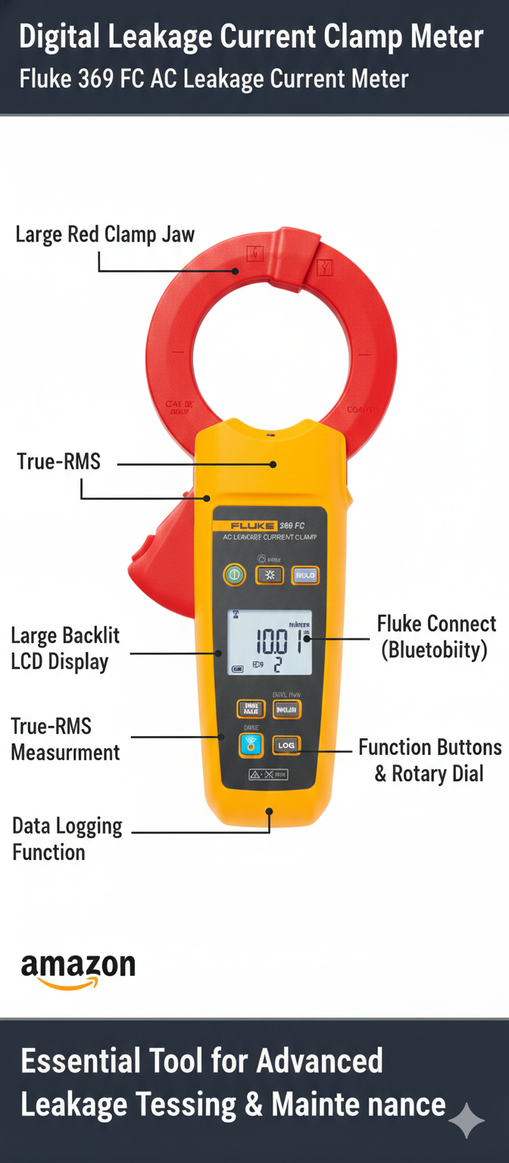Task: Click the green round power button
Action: (x=234, y=575)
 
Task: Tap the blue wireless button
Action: (x=251, y=745)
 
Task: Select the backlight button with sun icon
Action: (x=270, y=575)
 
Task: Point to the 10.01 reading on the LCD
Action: (x=276, y=641)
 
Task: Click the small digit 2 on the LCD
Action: (x=278, y=664)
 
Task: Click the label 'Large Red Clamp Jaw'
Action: (x=105, y=235)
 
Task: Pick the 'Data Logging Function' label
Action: (x=67, y=839)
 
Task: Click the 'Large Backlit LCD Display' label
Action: (x=65, y=648)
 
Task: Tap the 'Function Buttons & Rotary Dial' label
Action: (x=429, y=760)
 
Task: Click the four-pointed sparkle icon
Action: (x=467, y=1120)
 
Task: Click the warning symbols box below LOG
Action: (x=268, y=775)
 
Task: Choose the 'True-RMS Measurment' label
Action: (x=65, y=739)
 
